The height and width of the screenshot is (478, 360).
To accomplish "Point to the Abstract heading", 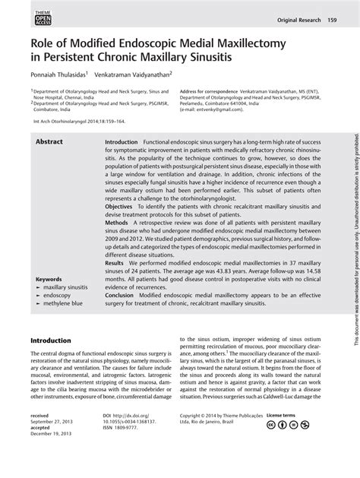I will click(x=49, y=142).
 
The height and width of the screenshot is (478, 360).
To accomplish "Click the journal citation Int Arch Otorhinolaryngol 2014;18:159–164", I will click(x=77, y=120).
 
